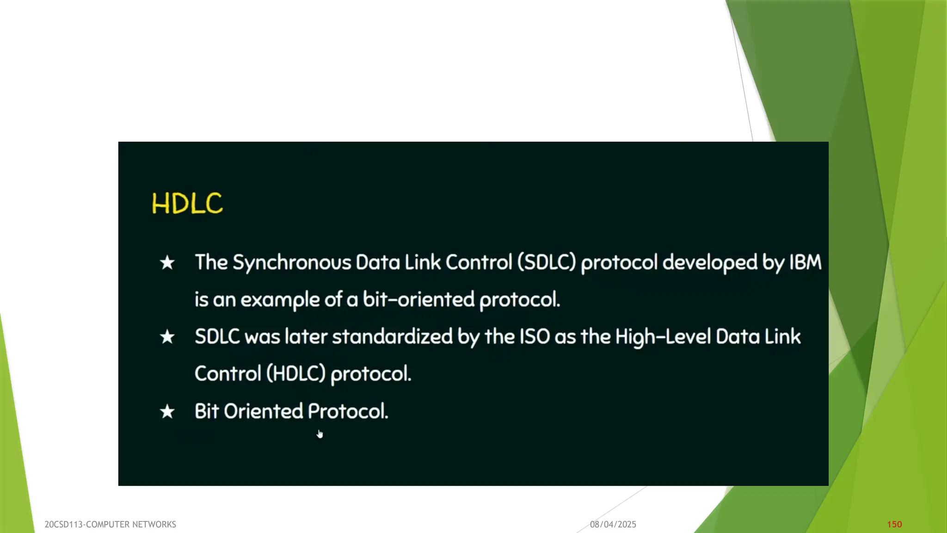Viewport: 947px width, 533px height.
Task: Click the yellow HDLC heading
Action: click(187, 204)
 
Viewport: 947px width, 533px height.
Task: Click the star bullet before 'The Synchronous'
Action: click(167, 263)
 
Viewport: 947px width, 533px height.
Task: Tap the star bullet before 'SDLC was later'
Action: click(167, 337)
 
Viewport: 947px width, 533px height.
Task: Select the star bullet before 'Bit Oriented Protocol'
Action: click(167, 411)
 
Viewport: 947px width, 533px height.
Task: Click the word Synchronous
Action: click(291, 263)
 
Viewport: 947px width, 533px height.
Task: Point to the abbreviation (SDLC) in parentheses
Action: click(547, 262)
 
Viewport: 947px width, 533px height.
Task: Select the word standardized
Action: click(392, 336)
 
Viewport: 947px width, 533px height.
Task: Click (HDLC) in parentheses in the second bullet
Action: click(296, 373)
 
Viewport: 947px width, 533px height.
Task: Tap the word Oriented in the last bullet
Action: click(263, 411)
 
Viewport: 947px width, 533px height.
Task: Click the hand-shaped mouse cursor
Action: click(320, 434)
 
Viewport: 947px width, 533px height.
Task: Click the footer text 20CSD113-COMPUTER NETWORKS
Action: click(110, 524)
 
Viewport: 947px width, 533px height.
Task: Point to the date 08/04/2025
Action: click(613, 524)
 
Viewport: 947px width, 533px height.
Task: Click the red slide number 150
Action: click(894, 524)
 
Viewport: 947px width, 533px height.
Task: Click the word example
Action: click(280, 300)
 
